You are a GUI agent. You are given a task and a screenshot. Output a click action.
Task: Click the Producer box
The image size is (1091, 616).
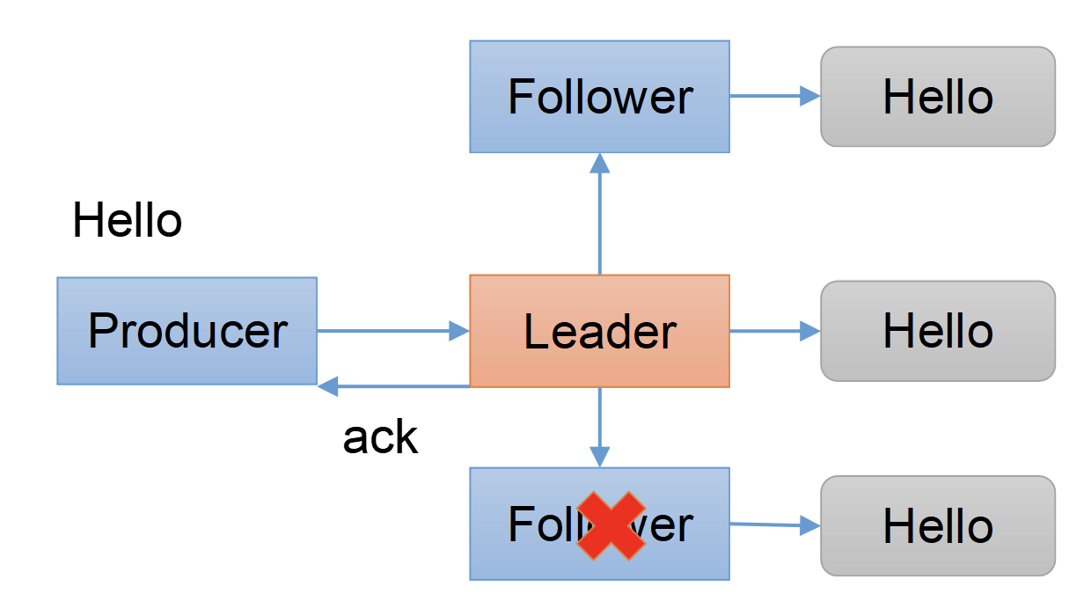tap(187, 331)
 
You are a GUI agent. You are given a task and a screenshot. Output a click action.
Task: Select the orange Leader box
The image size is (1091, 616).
tap(599, 331)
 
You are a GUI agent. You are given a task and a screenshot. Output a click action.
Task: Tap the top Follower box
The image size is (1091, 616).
tap(599, 97)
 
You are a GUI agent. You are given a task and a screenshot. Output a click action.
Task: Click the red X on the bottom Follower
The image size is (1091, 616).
tap(611, 525)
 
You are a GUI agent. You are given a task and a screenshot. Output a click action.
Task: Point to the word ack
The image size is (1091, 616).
tap(380, 437)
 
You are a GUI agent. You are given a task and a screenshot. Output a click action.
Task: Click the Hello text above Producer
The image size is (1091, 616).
tap(128, 220)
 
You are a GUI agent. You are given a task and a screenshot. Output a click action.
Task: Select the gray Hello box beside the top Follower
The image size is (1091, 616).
tap(937, 97)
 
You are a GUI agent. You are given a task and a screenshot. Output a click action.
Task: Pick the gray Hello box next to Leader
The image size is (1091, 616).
tap(937, 331)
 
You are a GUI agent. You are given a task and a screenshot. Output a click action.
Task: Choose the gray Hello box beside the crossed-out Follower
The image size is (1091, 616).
tap(937, 525)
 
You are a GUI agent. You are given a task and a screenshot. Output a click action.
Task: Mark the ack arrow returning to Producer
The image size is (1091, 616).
tap(396, 385)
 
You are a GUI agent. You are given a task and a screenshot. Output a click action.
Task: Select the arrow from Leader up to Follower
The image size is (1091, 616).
tap(599, 216)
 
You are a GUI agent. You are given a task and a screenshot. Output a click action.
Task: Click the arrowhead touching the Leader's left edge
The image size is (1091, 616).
tap(459, 331)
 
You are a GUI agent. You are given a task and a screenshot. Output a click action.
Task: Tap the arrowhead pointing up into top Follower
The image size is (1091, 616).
tap(599, 163)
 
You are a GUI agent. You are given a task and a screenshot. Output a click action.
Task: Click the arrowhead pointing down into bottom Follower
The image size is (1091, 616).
tap(599, 457)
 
